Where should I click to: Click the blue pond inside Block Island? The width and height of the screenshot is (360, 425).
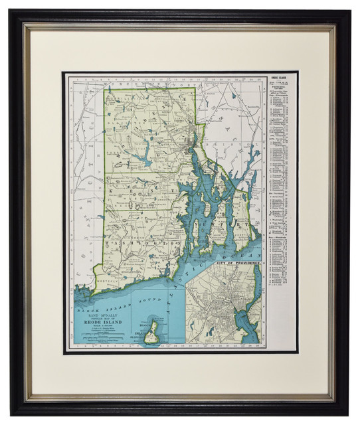coord(152,329)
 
